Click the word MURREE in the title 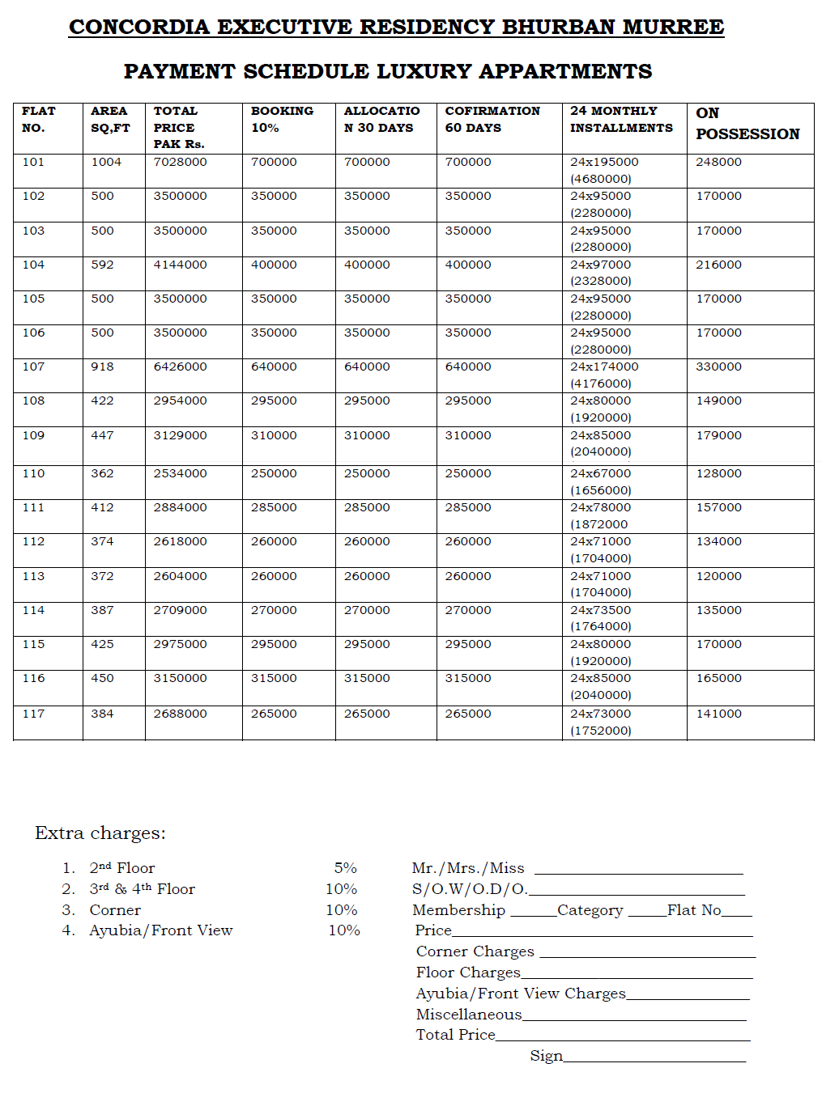[x=673, y=27]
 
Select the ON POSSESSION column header [x=747, y=124]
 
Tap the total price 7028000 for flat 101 [x=180, y=162]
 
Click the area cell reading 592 [x=102, y=265]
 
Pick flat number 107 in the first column [x=33, y=367]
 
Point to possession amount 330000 [x=718, y=367]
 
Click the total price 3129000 [x=180, y=435]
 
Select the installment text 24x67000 [x=600, y=473]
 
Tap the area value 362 [x=102, y=473]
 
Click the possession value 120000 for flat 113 [x=718, y=576]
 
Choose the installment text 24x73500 [x=600, y=610]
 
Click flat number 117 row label [x=33, y=714]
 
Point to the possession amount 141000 [x=718, y=714]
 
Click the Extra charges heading [x=100, y=833]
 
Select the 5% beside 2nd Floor [x=345, y=867]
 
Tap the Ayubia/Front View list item [x=160, y=930]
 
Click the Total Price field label [x=455, y=1035]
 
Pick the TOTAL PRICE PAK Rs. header [x=178, y=127]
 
